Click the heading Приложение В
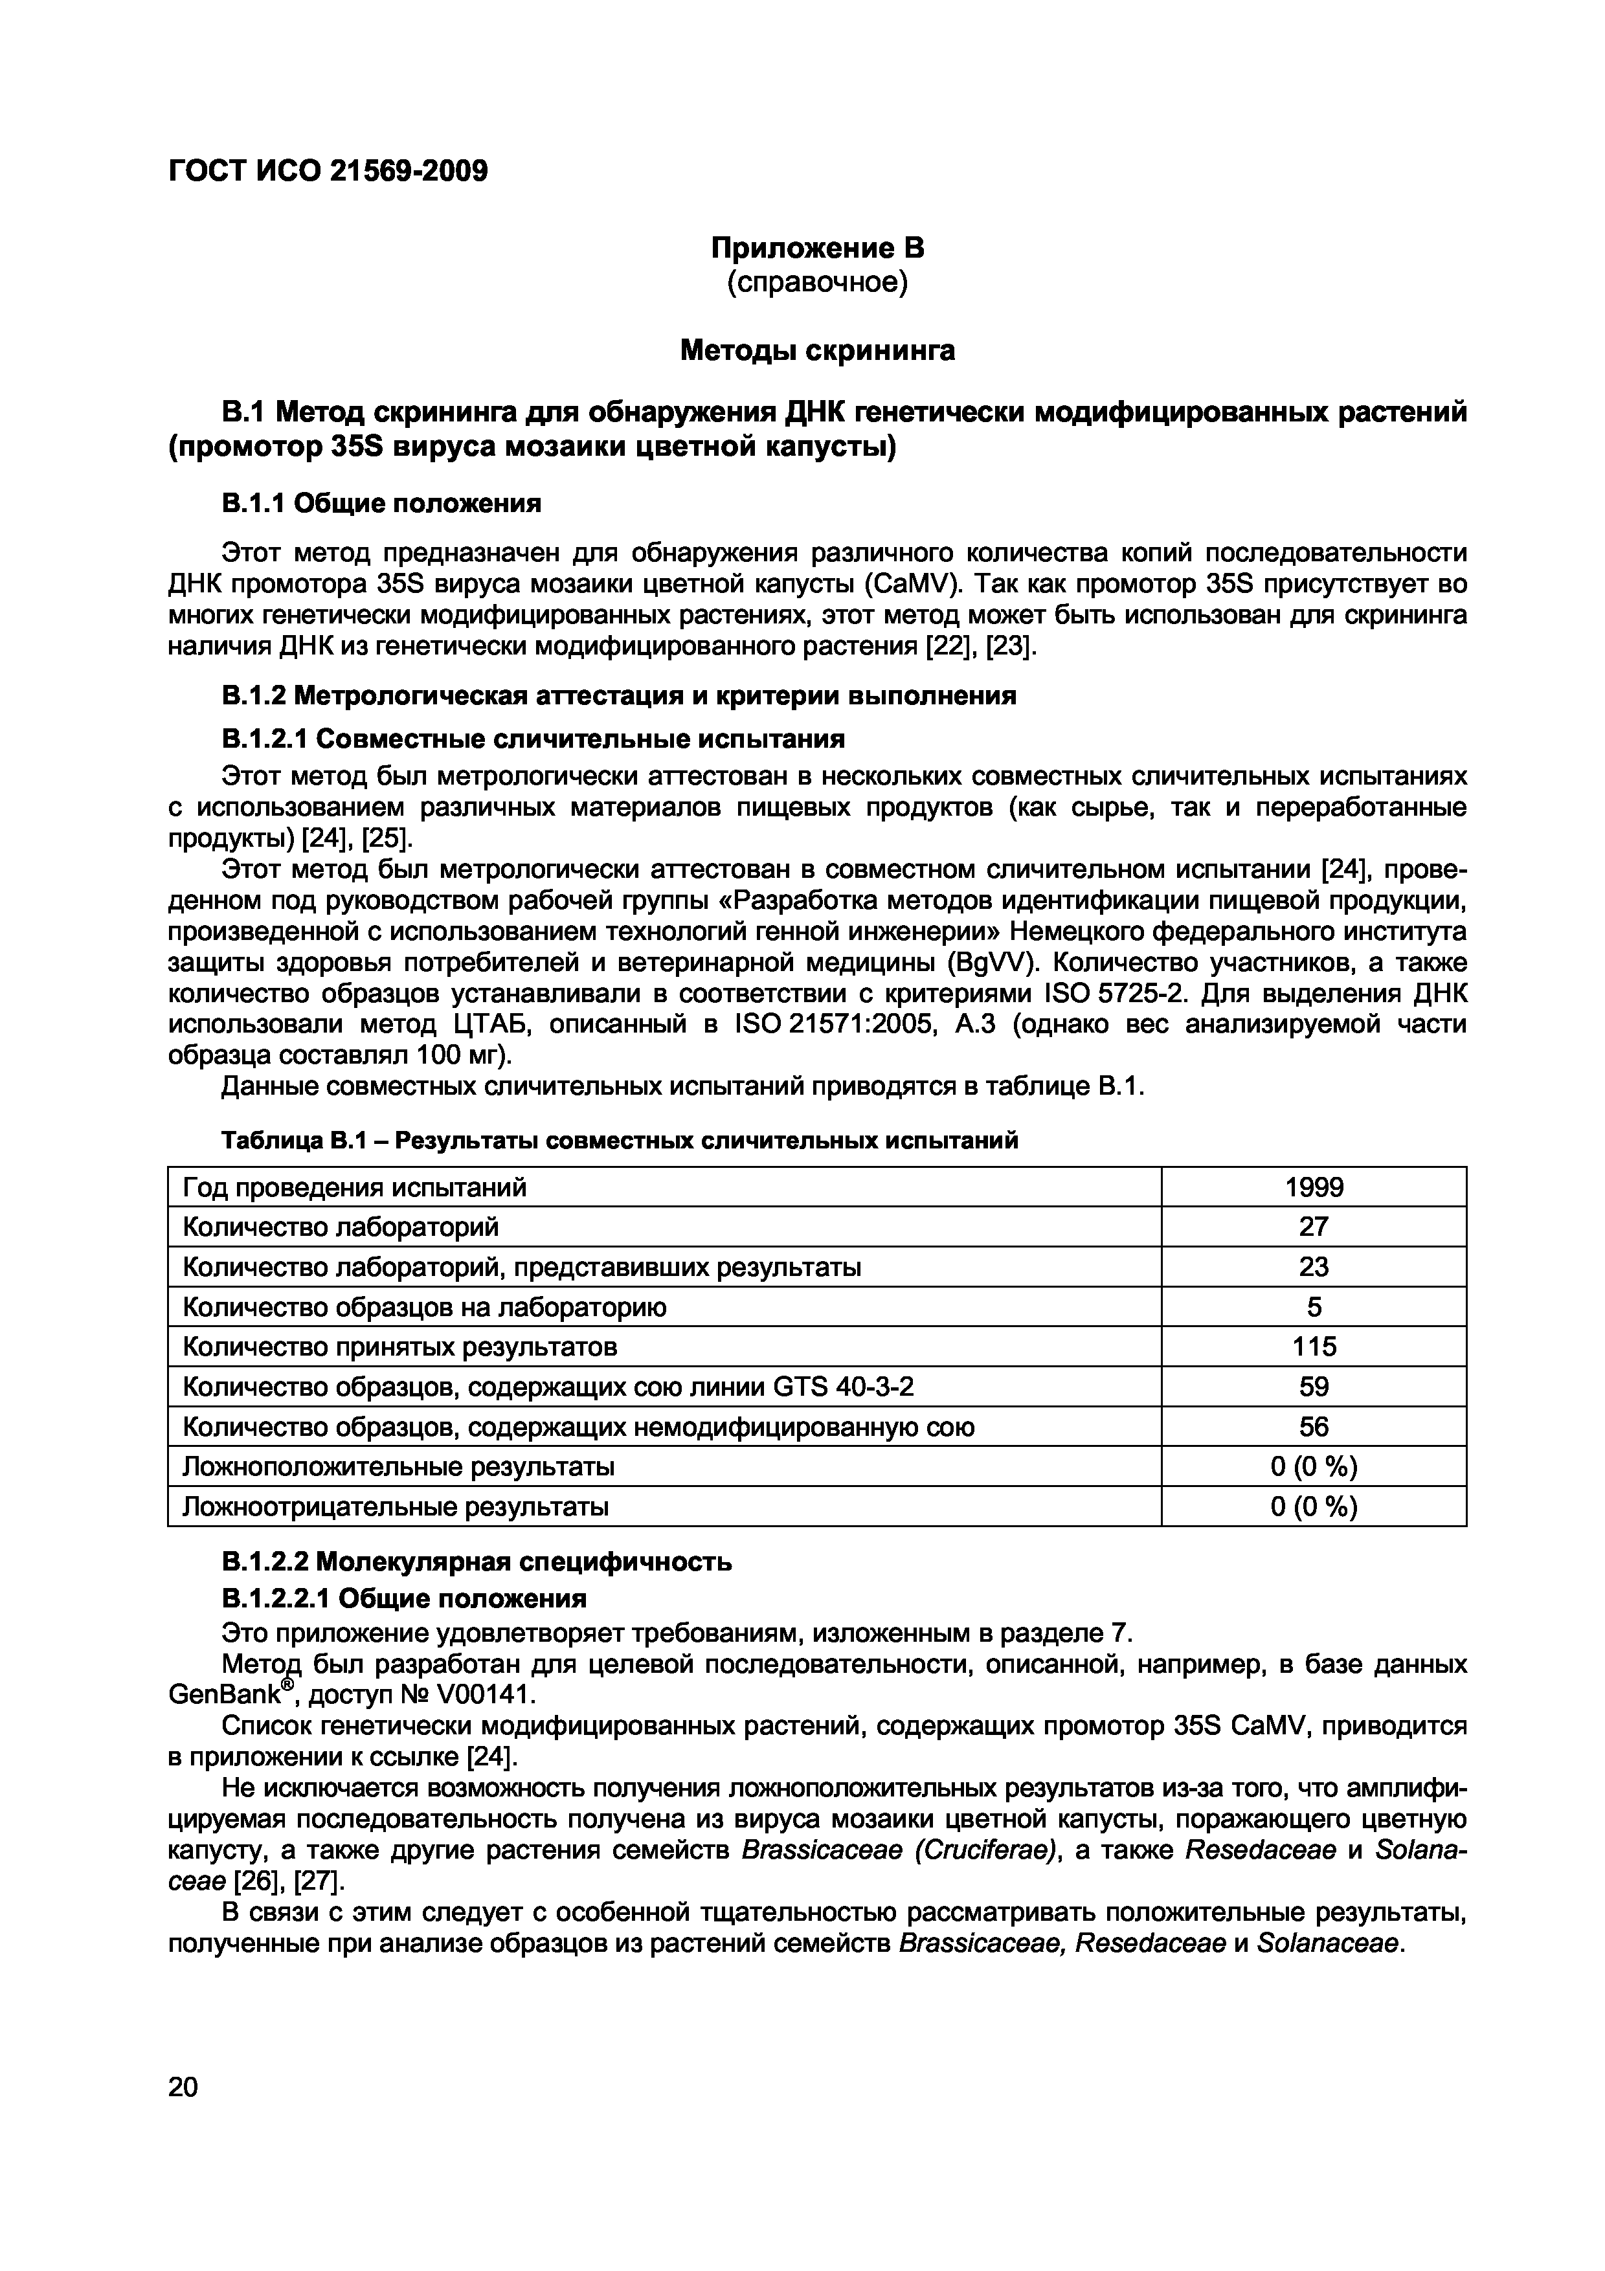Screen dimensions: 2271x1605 [817, 247]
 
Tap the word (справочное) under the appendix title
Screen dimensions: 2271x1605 [817, 284]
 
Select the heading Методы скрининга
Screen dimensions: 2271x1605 [817, 351]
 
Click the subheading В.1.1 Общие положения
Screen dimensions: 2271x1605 [381, 504]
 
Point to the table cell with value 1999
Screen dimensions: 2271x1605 [1312, 1187]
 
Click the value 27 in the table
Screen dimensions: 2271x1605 [1312, 1227]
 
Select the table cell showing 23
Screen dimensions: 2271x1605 [1312, 1267]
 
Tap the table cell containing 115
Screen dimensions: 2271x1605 [1312, 1346]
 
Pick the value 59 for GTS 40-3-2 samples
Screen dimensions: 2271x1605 [1312, 1387]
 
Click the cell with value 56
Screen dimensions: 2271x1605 [1312, 1426]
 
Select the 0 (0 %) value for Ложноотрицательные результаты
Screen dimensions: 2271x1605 [1312, 1506]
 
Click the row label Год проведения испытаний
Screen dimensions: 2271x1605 [354, 1187]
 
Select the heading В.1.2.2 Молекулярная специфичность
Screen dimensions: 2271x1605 [476, 1562]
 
